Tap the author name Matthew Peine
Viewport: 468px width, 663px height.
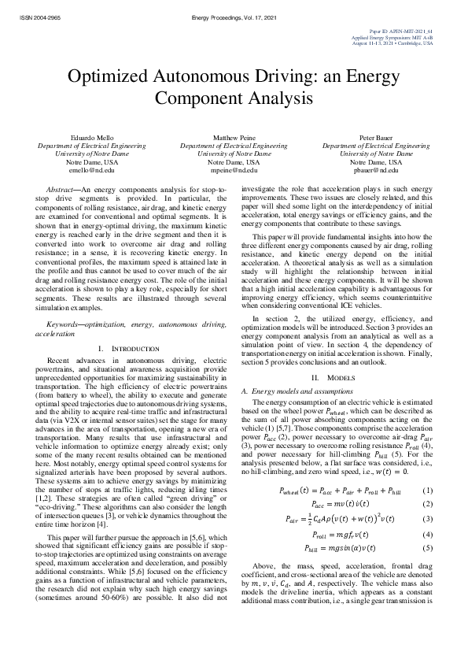(x=234, y=138)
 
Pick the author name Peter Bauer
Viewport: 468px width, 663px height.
(x=374, y=138)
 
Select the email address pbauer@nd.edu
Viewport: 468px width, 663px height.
(x=374, y=169)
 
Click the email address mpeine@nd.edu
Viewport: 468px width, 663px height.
(x=234, y=169)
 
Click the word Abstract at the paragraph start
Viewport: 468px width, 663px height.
(x=63, y=191)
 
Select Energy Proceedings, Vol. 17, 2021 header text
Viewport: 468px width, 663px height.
(x=233, y=16)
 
